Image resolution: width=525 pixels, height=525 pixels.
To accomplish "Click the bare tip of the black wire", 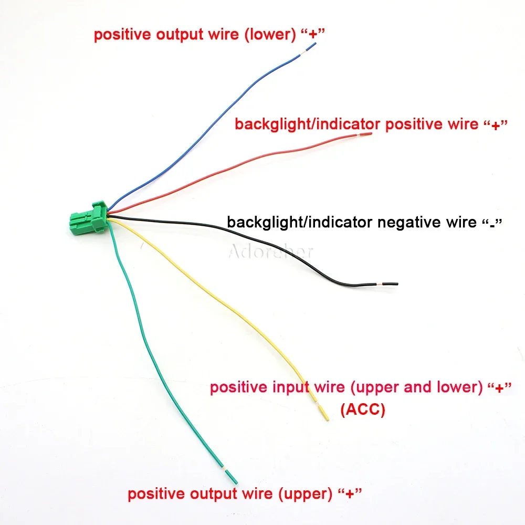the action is [x=391, y=284].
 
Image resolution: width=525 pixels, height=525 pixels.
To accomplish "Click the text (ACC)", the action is [x=362, y=410].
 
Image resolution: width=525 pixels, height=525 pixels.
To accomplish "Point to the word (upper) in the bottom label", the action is [x=306, y=495].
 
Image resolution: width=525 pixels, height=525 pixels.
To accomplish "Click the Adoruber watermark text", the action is [x=271, y=252].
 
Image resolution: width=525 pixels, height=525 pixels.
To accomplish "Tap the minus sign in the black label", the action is [x=492, y=223].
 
